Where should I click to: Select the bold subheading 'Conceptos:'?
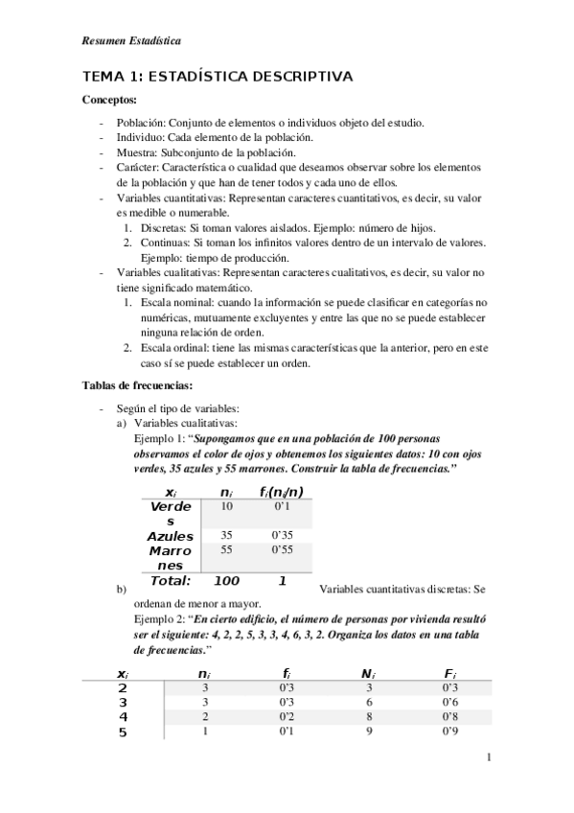[110, 100]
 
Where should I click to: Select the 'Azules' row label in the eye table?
[170, 536]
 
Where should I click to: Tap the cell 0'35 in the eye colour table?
[281, 534]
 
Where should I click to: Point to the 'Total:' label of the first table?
[168, 581]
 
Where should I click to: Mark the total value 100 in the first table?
[226, 581]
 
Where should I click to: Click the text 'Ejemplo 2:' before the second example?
[162, 619]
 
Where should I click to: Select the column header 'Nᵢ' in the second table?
[367, 674]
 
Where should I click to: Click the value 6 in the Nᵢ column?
[368, 702]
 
